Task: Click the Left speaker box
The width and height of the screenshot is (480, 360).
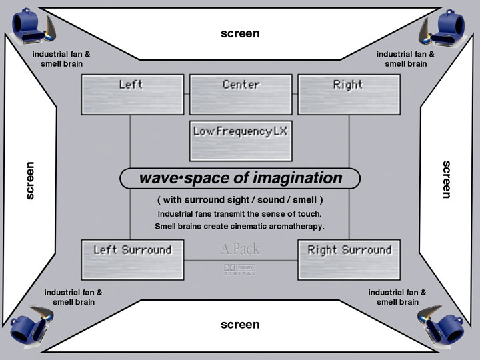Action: (132, 94)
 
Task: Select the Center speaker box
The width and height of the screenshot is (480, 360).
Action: (241, 94)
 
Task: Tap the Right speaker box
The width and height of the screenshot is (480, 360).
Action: (349, 94)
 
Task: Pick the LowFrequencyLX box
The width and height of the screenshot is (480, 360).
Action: (241, 141)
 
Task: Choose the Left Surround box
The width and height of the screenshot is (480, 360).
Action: (132, 259)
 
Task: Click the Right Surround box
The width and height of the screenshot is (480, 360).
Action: (349, 259)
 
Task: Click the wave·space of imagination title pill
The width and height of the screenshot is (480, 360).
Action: (240, 179)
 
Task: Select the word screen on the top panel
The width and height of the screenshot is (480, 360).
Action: (240, 33)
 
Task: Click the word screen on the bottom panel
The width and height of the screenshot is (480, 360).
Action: (240, 325)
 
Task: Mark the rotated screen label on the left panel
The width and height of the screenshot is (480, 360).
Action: (30, 180)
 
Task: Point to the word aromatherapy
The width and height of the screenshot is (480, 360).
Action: (291, 227)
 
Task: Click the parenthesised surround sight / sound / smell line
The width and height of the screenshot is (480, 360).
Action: (240, 200)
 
